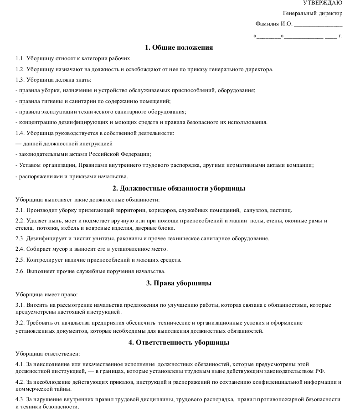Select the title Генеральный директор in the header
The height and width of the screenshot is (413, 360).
click(x=312, y=13)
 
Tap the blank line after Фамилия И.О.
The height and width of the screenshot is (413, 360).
click(x=318, y=25)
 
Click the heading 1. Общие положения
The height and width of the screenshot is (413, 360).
click(x=179, y=47)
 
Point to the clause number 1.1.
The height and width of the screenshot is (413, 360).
click(x=20, y=58)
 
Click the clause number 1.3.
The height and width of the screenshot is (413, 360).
click(x=20, y=80)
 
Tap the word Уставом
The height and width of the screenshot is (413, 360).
click(x=29, y=165)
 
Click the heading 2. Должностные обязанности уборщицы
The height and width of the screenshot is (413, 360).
click(x=179, y=188)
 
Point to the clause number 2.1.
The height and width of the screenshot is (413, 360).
click(x=20, y=210)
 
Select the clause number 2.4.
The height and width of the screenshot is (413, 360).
click(x=20, y=249)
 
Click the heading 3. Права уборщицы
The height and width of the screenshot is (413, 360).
click(x=179, y=283)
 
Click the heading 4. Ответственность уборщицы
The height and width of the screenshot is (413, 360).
click(x=179, y=342)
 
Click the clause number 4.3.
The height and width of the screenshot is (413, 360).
click(x=20, y=399)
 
